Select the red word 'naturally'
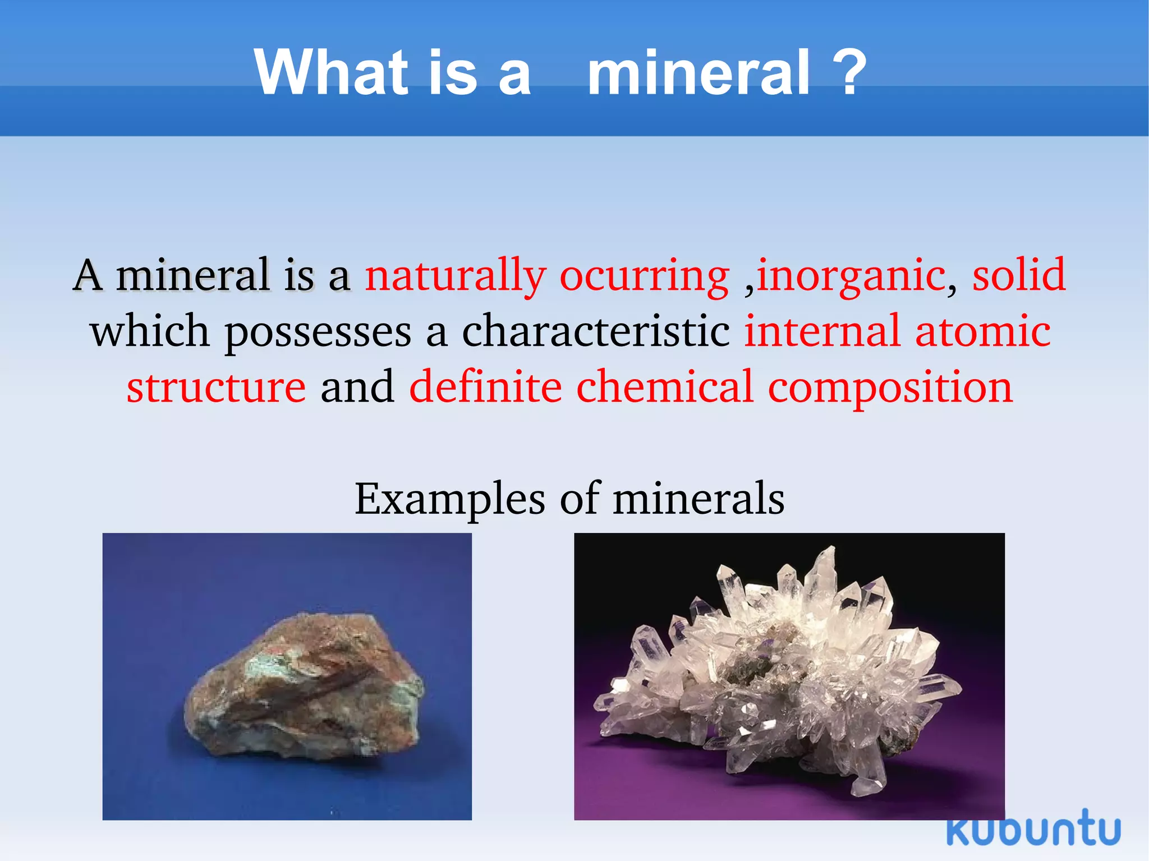[x=455, y=276]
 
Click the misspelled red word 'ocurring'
[x=644, y=276]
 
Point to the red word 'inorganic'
[x=851, y=276]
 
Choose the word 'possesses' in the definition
[x=318, y=332]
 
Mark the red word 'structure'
[x=216, y=387]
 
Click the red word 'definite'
[x=485, y=387]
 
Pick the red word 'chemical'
[x=664, y=387]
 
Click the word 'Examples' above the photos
[x=449, y=499]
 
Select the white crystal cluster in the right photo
[x=780, y=673]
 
